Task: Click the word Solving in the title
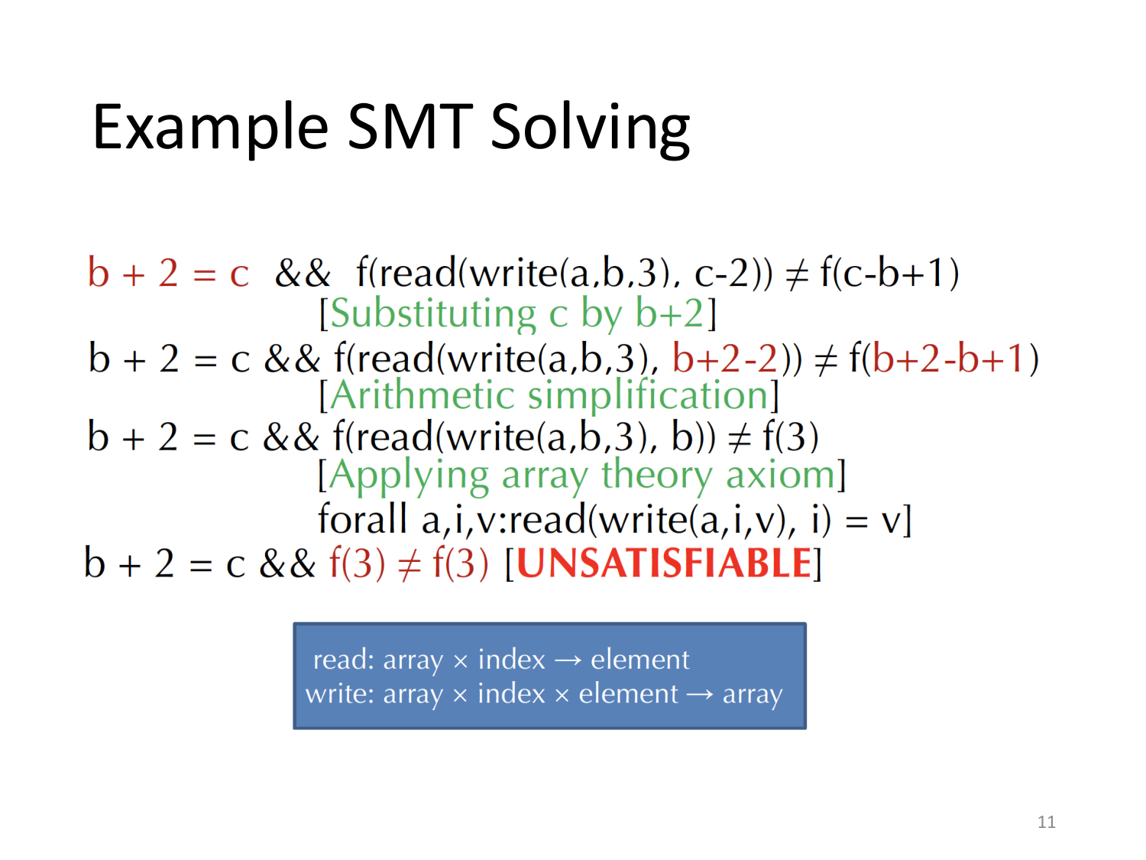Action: [590, 128]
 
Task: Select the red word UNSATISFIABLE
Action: [663, 563]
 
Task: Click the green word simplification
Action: [649, 395]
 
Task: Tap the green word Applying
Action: [409, 475]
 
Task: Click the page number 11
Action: [1046, 822]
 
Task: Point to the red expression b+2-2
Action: [724, 358]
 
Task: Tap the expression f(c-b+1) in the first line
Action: [889, 273]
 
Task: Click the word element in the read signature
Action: [639, 659]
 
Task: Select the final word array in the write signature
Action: [752, 694]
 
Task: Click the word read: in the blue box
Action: [344, 659]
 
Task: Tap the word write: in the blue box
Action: [340, 694]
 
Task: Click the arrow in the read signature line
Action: [568, 660]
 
